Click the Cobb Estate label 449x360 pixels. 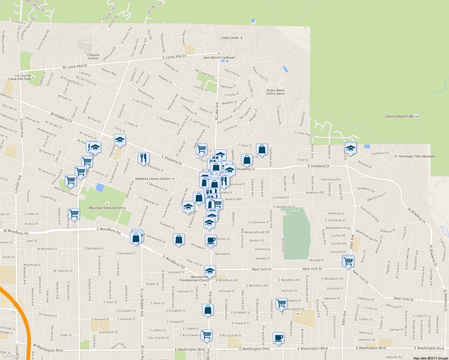coord(230,38)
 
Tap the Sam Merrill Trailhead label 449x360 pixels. coord(219,58)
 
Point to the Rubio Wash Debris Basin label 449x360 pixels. coord(276,92)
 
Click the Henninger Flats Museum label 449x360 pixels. coord(417,156)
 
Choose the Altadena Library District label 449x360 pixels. coord(153,179)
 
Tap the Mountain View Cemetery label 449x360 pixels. coord(107,208)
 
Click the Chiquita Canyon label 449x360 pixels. coord(93,56)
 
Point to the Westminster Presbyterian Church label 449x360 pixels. coord(194,278)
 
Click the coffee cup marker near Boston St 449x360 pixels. coord(211,240)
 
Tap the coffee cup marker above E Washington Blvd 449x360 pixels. coord(278,337)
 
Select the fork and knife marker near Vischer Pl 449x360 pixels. coord(143,157)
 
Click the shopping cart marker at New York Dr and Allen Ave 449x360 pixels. coord(348,261)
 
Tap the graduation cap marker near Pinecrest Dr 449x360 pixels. coord(351,148)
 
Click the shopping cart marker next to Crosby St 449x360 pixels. coord(74,214)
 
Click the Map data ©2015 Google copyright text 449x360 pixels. coord(430,358)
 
